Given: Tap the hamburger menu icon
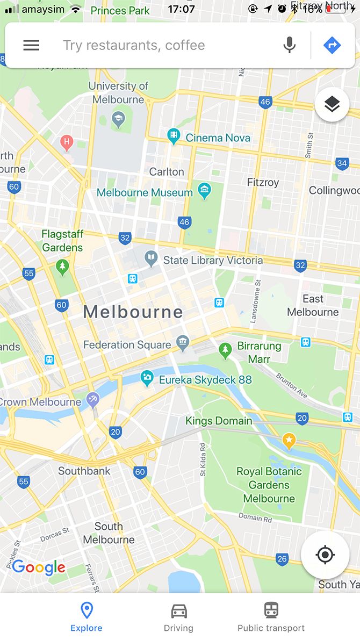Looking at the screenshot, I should pyautogui.click(x=31, y=45).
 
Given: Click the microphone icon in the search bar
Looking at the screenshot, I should pyautogui.click(x=290, y=45).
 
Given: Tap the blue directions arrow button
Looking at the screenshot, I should pyautogui.click(x=332, y=45).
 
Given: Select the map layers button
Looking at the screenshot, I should pyautogui.click(x=332, y=105).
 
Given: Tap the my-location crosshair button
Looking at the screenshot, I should pyautogui.click(x=325, y=555).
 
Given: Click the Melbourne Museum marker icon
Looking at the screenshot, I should pyautogui.click(x=204, y=190).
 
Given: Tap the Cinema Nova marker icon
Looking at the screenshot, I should pyautogui.click(x=173, y=136).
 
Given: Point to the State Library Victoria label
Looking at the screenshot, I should pyautogui.click(x=213, y=261).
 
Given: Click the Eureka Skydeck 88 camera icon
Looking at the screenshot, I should pyautogui.click(x=146, y=378).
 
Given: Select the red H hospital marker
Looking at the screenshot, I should pyautogui.click(x=67, y=142).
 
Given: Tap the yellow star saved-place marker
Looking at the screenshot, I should pyautogui.click(x=289, y=441).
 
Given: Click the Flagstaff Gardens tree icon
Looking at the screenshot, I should pyautogui.click(x=63, y=266).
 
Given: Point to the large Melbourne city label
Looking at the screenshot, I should pyautogui.click(x=133, y=312).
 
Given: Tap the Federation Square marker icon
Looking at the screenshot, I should pyautogui.click(x=183, y=342).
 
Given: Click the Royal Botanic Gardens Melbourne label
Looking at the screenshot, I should pyautogui.click(x=269, y=485).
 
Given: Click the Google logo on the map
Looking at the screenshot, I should pyautogui.click(x=38, y=566).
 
